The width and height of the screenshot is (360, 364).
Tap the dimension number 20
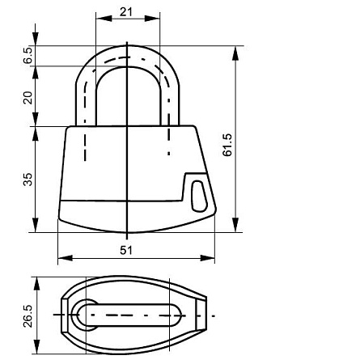point(28,96)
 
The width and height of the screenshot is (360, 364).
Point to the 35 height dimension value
point(28,179)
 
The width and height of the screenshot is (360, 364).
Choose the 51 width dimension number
point(127,250)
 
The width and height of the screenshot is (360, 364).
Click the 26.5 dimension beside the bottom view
point(28,316)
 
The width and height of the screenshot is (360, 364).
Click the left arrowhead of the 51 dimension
point(63,259)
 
